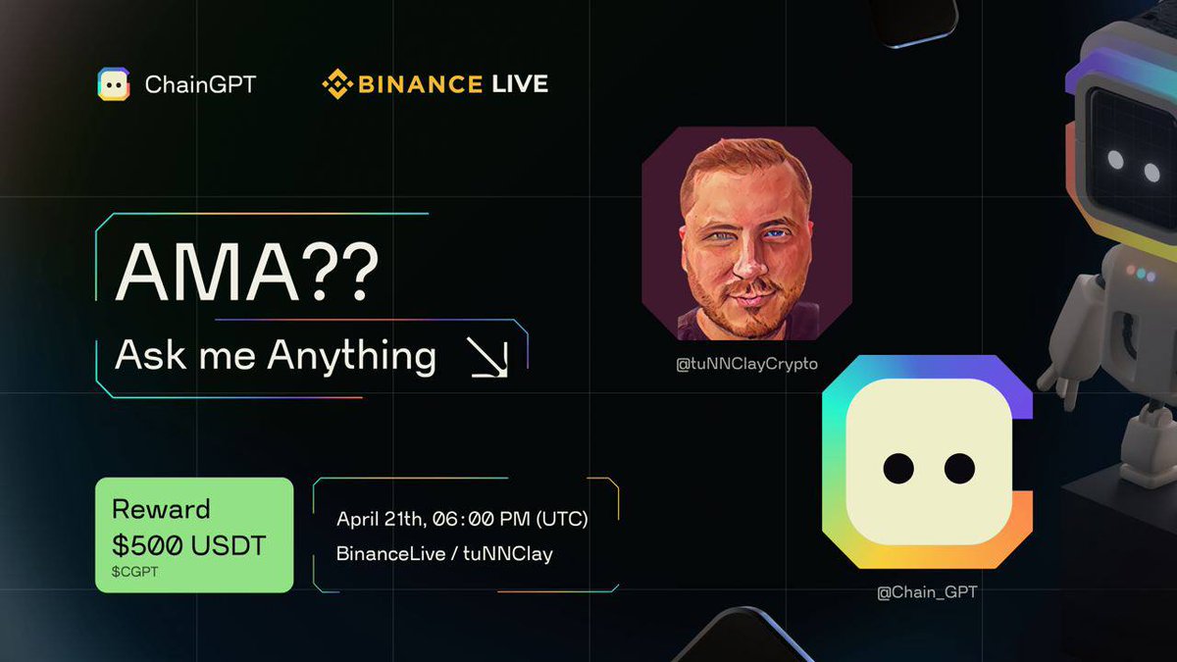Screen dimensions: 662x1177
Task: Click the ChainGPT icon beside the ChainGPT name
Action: pos(114,84)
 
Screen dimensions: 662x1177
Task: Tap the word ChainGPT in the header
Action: pos(200,85)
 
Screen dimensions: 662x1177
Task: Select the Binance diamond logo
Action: pos(336,84)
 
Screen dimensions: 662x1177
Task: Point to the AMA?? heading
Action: pos(246,273)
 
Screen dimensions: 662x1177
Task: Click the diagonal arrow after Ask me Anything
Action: pos(487,357)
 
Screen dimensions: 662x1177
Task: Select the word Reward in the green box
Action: pos(161,510)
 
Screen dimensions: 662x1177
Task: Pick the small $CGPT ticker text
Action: pos(134,571)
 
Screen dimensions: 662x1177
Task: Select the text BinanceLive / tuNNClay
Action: pos(444,554)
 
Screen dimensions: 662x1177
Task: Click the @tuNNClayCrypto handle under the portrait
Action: pos(746,365)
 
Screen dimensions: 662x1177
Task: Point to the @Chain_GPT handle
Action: pos(927,592)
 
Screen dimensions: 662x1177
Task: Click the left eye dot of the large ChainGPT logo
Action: pos(898,469)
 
